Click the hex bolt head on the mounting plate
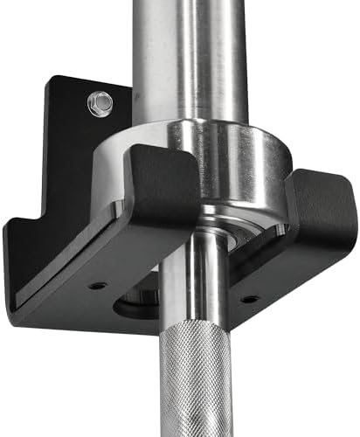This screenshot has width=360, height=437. pos(100,103)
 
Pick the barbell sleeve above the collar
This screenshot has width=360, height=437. pos(188,52)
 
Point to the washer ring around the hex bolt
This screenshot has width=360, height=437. pos(92,108)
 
